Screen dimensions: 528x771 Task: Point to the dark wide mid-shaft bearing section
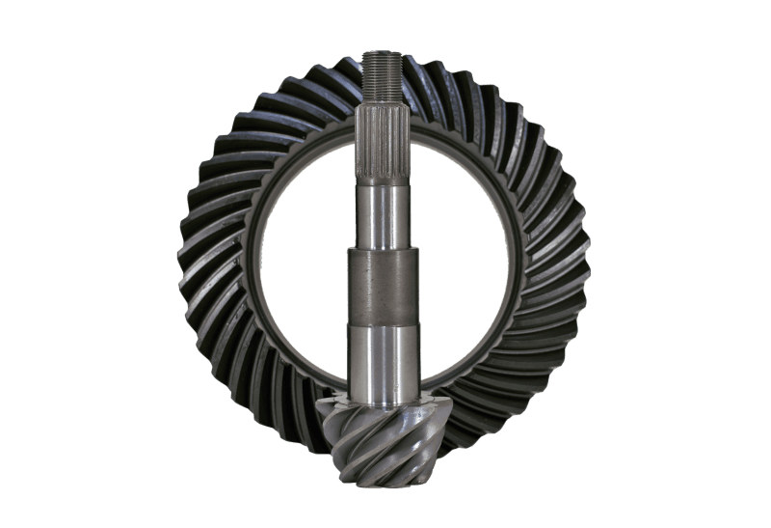point(384,286)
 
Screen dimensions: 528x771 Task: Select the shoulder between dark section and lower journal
point(384,325)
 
